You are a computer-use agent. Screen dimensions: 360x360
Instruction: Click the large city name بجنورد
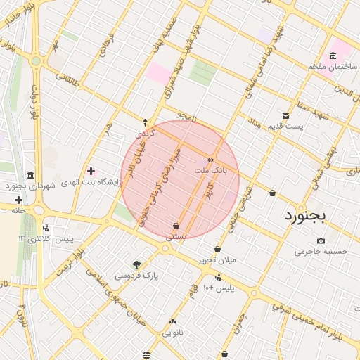[x=306, y=217]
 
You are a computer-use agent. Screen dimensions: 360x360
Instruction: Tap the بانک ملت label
[x=210, y=171]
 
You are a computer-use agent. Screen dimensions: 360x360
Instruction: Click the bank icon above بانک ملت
[x=210, y=160]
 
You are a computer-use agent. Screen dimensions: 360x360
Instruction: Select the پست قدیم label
[x=285, y=127]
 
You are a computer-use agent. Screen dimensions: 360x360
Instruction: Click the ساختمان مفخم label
[x=333, y=66]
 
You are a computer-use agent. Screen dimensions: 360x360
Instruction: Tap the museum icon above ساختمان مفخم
[x=333, y=56]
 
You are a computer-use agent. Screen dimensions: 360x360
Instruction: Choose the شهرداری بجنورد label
[x=30, y=186]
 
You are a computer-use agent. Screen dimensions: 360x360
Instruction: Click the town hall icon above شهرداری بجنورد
[x=30, y=175]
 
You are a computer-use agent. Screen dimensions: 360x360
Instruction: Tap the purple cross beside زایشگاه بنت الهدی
[x=90, y=171]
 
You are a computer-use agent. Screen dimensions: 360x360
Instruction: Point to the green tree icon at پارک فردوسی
[x=137, y=265]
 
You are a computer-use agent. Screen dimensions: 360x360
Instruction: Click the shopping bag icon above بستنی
[x=174, y=226]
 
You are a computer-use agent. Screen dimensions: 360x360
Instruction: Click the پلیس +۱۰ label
[x=218, y=288]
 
